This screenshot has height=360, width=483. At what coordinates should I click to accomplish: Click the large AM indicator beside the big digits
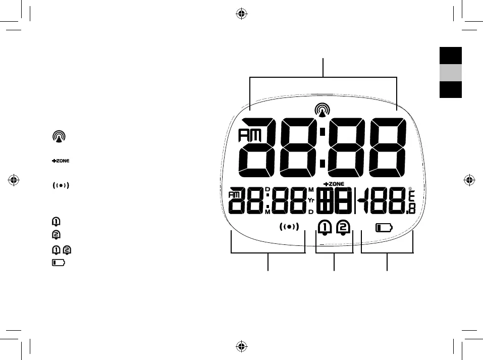247,136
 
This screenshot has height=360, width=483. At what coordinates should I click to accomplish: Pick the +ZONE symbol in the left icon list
60,161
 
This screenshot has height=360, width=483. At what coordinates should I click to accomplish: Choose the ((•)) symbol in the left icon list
60,185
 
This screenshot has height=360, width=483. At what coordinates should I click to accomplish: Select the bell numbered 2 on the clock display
343,228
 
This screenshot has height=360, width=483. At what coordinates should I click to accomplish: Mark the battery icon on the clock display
384,228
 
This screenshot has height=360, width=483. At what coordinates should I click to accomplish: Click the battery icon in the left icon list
58,263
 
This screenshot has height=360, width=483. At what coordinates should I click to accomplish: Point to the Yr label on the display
311,200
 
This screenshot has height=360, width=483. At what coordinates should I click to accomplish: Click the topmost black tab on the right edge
450,56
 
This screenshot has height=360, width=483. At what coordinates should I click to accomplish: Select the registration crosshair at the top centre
241,14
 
